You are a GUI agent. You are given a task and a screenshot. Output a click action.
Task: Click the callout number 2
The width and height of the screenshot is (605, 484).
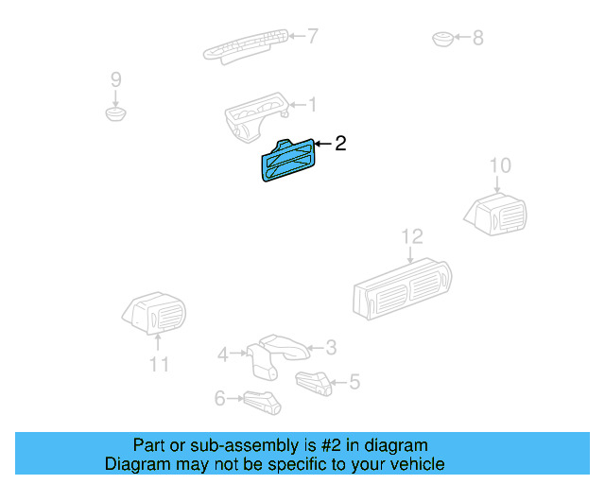(x=340, y=144)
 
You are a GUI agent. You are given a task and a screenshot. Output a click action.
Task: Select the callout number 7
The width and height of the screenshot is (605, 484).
(x=312, y=37)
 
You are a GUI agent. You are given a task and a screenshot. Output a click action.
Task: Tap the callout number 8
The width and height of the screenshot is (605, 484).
(x=477, y=38)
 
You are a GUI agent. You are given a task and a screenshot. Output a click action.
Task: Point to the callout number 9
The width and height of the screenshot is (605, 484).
(x=116, y=78)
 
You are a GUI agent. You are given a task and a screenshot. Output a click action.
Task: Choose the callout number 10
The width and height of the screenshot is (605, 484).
(x=499, y=166)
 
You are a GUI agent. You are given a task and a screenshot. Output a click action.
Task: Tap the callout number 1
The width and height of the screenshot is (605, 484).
(x=312, y=105)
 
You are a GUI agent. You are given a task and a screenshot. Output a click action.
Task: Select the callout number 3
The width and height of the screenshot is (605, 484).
(x=331, y=348)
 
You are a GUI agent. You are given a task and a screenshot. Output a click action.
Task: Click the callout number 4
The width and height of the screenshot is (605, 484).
(x=223, y=354)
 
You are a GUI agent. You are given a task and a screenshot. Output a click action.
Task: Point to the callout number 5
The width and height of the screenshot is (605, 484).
(x=354, y=382)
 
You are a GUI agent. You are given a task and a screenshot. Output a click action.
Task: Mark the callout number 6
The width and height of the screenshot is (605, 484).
(x=219, y=399)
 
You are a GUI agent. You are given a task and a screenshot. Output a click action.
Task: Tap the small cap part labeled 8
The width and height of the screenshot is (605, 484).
(x=442, y=39)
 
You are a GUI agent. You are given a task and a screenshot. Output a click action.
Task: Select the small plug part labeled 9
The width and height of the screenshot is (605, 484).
(x=116, y=113)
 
